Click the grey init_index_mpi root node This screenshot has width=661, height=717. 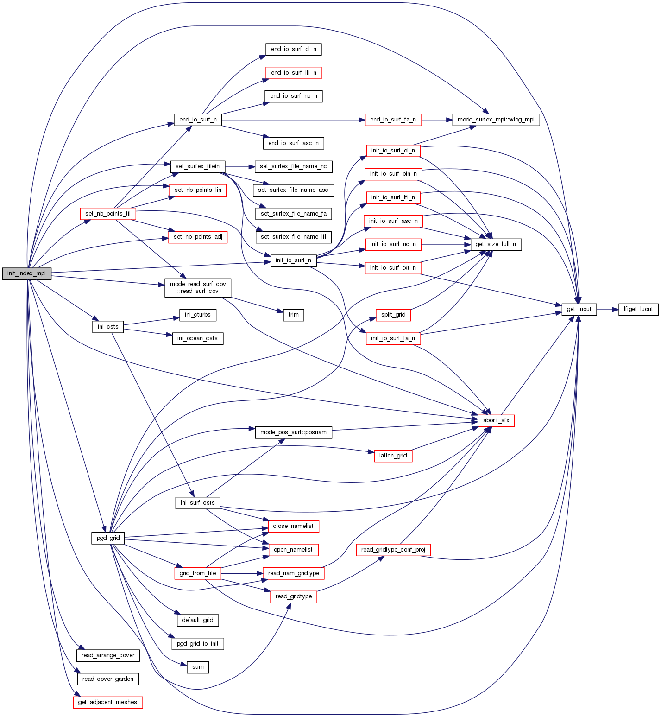tap(26, 273)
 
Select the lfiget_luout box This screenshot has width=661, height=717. tap(638, 309)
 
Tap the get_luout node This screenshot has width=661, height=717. tap(579, 309)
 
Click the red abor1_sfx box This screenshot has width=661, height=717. tap(496, 420)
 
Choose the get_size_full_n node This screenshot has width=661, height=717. tap(496, 244)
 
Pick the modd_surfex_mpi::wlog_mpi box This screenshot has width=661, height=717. tap(496, 120)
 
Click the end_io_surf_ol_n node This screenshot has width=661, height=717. tap(293, 49)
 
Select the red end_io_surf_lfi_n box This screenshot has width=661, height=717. tap(293, 73)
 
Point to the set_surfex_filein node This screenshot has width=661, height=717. tap(198, 166)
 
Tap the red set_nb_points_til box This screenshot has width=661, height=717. tap(108, 214)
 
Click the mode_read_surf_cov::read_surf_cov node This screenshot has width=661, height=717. tap(198, 288)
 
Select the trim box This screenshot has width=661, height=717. tap(293, 315)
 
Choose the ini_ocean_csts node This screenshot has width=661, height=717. tap(197, 338)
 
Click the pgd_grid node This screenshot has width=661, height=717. tap(108, 538)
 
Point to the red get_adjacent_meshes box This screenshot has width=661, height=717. tap(107, 702)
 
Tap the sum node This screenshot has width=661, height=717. tap(198, 667)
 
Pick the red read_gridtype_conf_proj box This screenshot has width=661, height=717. tap(393, 550)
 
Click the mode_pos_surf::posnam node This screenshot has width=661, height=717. tap(293, 432)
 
